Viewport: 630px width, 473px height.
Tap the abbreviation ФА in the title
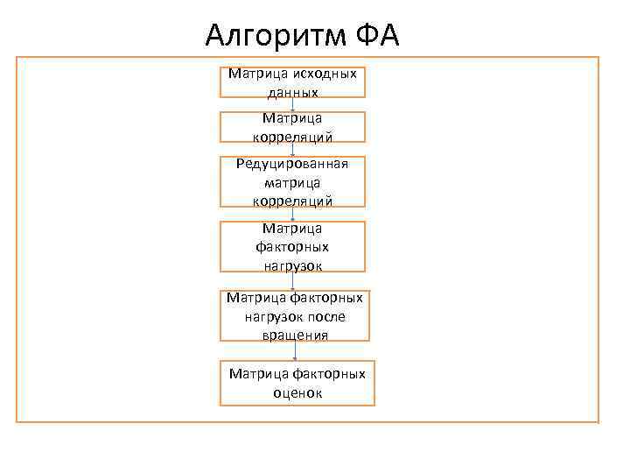[377, 36]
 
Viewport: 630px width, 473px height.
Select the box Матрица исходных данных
[292, 81]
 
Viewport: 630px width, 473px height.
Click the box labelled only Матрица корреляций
[292, 127]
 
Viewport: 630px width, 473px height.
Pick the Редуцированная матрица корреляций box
[292, 182]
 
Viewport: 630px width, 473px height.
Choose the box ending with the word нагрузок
[292, 246]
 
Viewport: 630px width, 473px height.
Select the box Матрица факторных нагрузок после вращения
[295, 315]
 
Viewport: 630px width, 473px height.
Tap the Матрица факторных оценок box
[297, 383]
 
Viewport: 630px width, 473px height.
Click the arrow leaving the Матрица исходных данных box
[292, 104]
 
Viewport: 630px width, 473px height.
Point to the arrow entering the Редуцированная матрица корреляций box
[292, 149]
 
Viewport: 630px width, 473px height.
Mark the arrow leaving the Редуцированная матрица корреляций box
[292, 215]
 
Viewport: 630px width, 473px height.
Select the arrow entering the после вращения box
[293, 281]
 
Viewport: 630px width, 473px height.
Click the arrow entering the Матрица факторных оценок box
[296, 350]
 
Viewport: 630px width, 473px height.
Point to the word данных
[292, 91]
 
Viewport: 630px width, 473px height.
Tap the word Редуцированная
[292, 164]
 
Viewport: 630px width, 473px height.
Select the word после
[326, 316]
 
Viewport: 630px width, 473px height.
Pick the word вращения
[295, 334]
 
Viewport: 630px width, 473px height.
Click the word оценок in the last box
[297, 393]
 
